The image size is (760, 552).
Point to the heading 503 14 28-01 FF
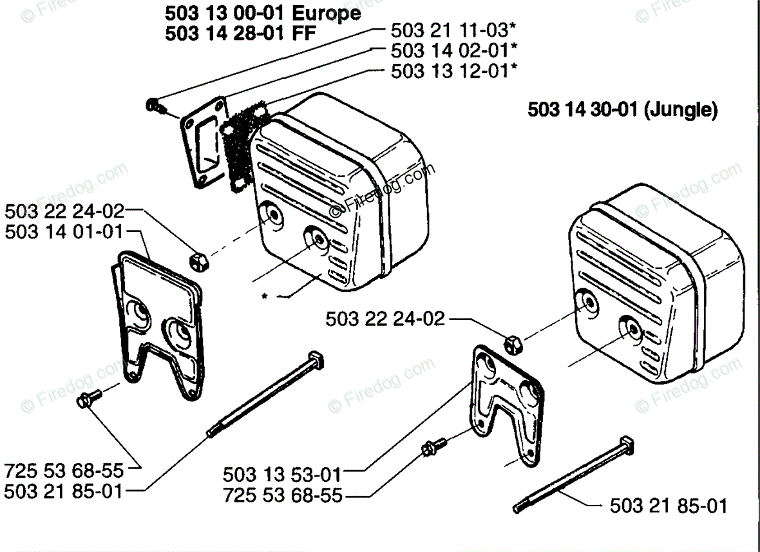click(x=241, y=33)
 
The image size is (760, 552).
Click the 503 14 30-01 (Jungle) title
click(x=622, y=109)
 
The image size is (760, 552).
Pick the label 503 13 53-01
click(x=282, y=475)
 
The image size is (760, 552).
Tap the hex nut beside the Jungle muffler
click(x=513, y=343)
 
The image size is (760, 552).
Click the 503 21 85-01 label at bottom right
click(x=668, y=505)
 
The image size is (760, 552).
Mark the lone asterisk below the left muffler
click(x=264, y=297)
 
